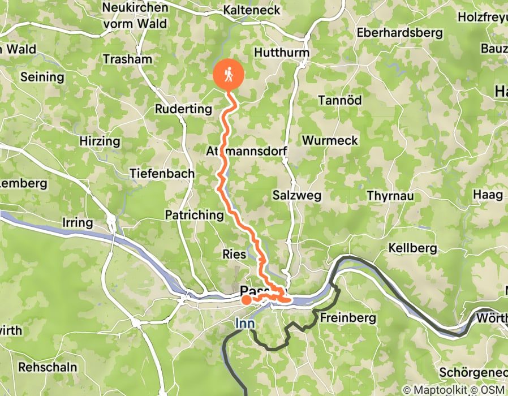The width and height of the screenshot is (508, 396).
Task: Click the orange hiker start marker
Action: point(229,75)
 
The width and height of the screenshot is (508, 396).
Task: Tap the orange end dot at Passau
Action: point(247,300)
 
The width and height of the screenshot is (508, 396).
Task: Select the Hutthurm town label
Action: point(282,53)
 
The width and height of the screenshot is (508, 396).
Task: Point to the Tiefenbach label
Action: point(162,174)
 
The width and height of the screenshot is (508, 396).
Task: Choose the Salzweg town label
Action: point(297,195)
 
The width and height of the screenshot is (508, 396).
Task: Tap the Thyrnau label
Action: point(390,196)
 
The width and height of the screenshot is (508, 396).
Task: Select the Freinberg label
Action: point(348,318)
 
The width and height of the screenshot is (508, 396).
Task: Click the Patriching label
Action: point(194,215)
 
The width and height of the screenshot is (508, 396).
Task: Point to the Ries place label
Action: point(234,255)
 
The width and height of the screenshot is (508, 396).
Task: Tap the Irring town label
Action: point(77,222)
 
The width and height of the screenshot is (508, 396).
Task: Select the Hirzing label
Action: point(100,141)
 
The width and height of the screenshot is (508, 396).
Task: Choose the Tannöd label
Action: point(339,100)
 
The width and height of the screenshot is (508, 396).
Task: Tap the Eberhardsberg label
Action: point(399,33)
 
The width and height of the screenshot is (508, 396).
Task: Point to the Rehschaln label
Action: point(48,367)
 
